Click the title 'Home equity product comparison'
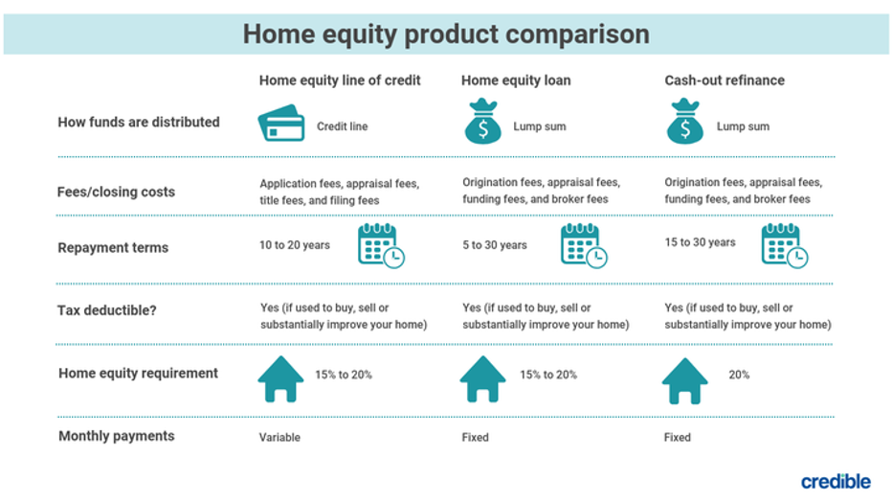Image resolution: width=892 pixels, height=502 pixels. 445,34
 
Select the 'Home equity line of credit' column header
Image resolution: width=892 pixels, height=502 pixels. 340,80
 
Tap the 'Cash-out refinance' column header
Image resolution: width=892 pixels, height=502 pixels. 724,80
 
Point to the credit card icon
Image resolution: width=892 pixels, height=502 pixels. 281,125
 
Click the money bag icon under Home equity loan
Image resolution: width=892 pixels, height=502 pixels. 482,125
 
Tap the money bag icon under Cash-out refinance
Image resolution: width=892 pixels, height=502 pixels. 685,125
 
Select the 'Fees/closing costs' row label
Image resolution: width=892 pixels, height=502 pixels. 116,192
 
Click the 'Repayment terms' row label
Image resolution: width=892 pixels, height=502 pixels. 112,247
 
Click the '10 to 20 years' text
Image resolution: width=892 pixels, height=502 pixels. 295,245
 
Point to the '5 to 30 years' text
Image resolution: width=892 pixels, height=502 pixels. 494,245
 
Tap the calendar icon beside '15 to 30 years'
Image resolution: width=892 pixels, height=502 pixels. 784,245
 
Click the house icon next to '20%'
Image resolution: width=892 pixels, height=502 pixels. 685,379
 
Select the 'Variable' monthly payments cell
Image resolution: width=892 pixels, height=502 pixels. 279,437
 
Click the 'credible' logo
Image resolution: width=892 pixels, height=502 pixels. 835,481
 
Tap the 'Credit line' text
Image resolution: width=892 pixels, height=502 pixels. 342,126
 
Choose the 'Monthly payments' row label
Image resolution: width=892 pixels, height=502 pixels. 116,436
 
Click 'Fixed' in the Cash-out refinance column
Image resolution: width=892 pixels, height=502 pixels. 678,437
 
